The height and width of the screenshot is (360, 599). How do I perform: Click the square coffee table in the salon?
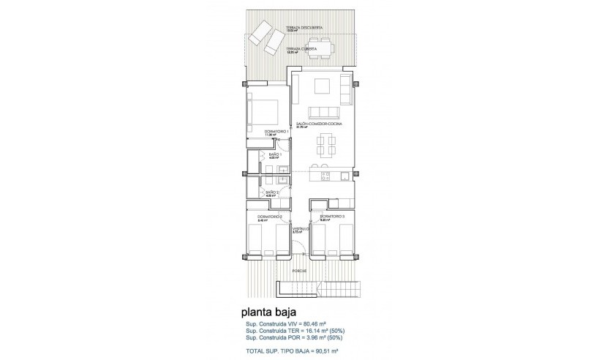(323, 86)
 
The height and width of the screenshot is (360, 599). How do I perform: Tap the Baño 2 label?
(272, 192)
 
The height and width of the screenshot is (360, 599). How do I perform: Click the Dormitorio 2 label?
(271, 217)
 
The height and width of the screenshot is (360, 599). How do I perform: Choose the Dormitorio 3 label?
(332, 217)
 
